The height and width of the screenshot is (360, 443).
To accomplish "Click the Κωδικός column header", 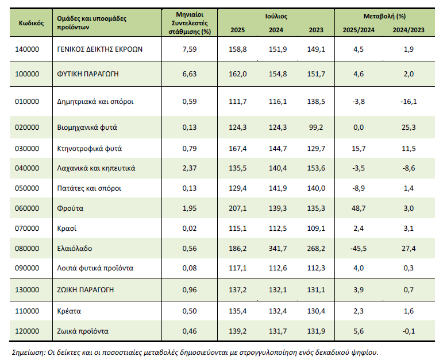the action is (x=31, y=23).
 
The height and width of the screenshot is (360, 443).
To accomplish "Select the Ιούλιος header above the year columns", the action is (x=276, y=17).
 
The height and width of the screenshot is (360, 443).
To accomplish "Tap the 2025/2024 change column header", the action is (x=359, y=30).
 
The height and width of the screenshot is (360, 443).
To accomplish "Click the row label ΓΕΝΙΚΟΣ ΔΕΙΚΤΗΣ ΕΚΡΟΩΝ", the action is (x=100, y=49).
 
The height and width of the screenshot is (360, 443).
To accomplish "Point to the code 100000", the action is (x=27, y=74).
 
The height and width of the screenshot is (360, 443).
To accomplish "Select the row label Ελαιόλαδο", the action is (x=75, y=249).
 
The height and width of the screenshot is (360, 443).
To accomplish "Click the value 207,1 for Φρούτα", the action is (x=238, y=208).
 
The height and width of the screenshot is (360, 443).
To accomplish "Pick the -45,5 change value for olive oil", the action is (x=359, y=249).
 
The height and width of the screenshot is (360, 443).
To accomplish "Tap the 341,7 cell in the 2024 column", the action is (x=278, y=249).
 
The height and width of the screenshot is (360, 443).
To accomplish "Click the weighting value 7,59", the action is (x=190, y=49).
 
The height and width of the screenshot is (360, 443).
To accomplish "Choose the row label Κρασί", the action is (x=67, y=229).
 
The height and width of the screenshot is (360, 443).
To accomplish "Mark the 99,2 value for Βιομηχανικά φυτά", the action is (x=316, y=127).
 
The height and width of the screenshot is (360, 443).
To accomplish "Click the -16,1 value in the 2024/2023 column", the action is (x=409, y=102).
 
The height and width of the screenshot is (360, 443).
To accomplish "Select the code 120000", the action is (x=27, y=331).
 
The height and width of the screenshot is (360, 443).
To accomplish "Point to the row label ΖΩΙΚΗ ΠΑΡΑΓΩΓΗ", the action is (x=85, y=290).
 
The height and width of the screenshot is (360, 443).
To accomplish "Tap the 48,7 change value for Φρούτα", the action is (x=359, y=208).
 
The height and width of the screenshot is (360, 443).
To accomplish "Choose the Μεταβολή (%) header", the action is (x=384, y=17).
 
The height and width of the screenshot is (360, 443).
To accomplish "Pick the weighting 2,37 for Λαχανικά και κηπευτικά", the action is (x=190, y=168).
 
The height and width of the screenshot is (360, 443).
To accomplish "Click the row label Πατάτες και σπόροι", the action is (x=89, y=188).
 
